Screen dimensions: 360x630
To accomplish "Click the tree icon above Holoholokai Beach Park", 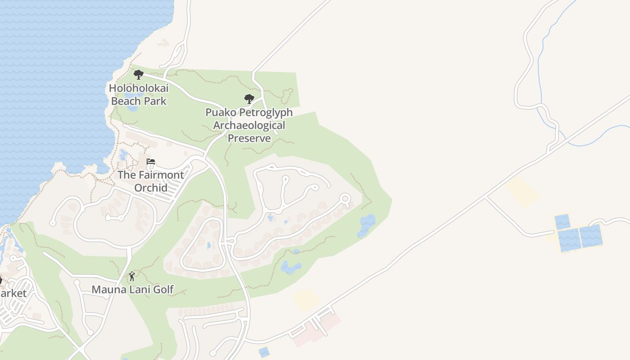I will point(139,74).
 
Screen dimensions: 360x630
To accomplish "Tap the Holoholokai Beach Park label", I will point(139,94).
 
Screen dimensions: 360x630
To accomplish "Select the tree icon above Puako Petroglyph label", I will point(249,99).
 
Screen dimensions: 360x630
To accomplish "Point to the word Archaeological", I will point(249,125).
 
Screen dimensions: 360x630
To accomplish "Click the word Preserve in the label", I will point(249,138).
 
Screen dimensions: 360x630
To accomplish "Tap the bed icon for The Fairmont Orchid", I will point(151,162).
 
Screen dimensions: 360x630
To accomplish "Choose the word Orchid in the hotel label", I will point(151,188).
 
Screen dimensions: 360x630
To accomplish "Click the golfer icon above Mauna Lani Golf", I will point(132,276).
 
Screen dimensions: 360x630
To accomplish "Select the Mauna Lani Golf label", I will point(133,289).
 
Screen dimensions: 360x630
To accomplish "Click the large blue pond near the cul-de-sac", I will point(367,225).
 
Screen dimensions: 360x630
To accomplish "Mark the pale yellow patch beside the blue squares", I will point(522,192).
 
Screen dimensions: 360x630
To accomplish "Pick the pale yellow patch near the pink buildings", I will point(306,300).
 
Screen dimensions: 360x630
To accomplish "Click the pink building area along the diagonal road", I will point(315,331).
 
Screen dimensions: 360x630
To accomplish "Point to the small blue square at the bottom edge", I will point(264,351).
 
